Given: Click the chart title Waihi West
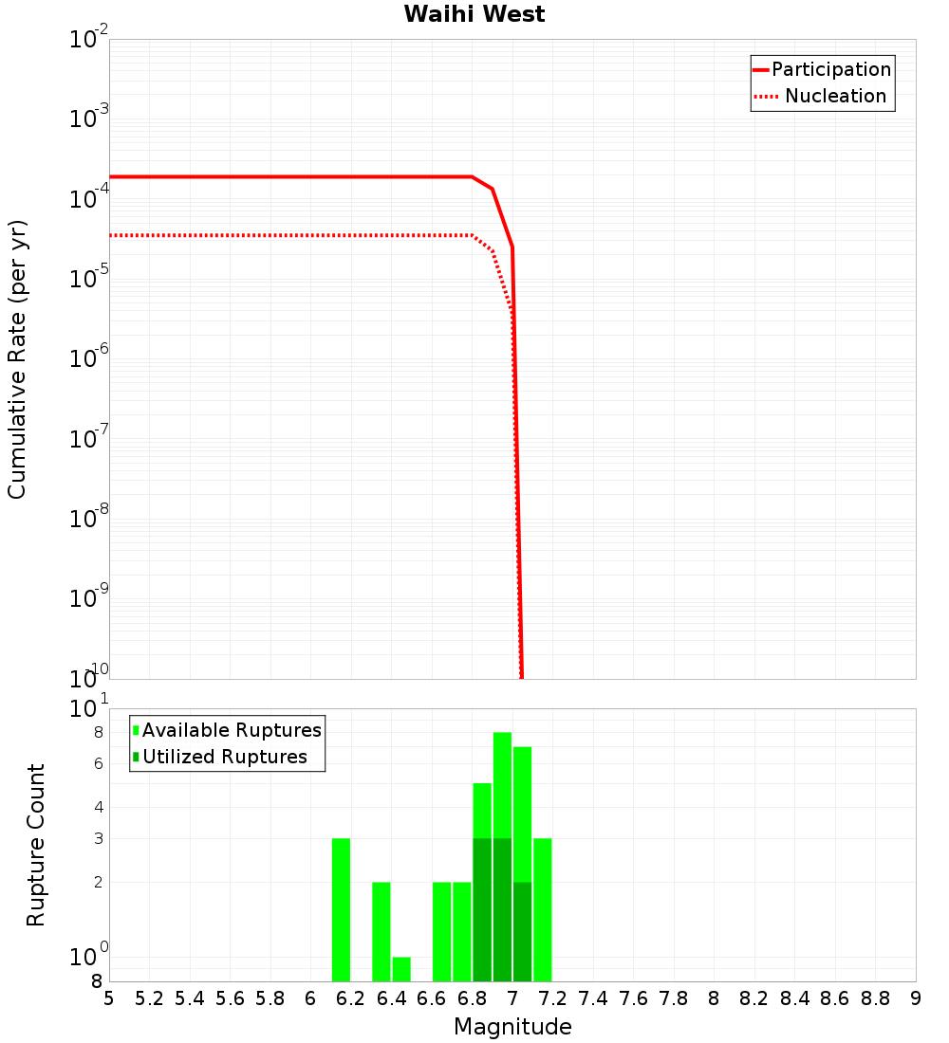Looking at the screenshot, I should click(x=474, y=14).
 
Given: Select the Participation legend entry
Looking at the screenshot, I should click(x=831, y=70).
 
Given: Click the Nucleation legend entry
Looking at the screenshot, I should click(x=835, y=97).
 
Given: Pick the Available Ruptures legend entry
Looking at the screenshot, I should click(x=232, y=731).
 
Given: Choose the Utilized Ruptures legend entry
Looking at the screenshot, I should click(x=224, y=758).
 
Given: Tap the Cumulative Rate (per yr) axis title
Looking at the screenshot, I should click(x=17, y=358).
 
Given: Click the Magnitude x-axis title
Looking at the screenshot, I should click(x=512, y=1027).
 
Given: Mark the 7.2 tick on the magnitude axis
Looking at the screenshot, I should click(x=553, y=998).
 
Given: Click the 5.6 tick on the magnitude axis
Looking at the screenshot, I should click(x=230, y=998).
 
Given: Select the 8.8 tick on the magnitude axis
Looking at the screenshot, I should click(x=876, y=998).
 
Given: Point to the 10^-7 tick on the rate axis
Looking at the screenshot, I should click(x=91, y=440).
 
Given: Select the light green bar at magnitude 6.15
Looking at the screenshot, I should click(x=342, y=910).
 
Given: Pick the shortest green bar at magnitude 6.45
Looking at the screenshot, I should click(x=401, y=969).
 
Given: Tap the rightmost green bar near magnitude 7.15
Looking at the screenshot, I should click(x=543, y=910).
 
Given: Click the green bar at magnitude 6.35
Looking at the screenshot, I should click(x=381, y=931).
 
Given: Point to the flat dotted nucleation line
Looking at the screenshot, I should click(x=285, y=235).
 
